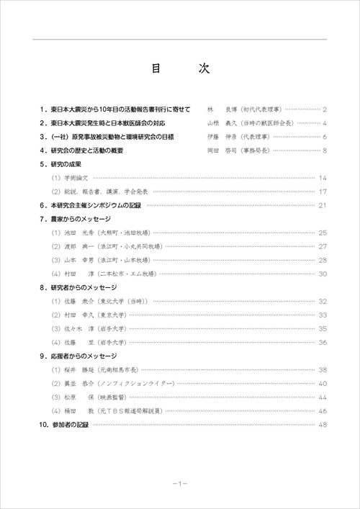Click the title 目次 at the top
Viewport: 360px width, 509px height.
179,69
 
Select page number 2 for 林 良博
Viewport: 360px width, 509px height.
325,109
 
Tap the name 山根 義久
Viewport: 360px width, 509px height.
219,123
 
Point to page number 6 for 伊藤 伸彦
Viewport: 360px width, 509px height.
325,137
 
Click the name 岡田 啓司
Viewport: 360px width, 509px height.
219,150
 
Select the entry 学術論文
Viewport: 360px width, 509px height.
77,178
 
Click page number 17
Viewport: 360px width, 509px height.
323,192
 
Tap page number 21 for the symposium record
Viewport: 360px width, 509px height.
323,205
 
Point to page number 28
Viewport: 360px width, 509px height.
323,260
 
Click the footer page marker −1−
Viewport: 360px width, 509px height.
179,482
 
